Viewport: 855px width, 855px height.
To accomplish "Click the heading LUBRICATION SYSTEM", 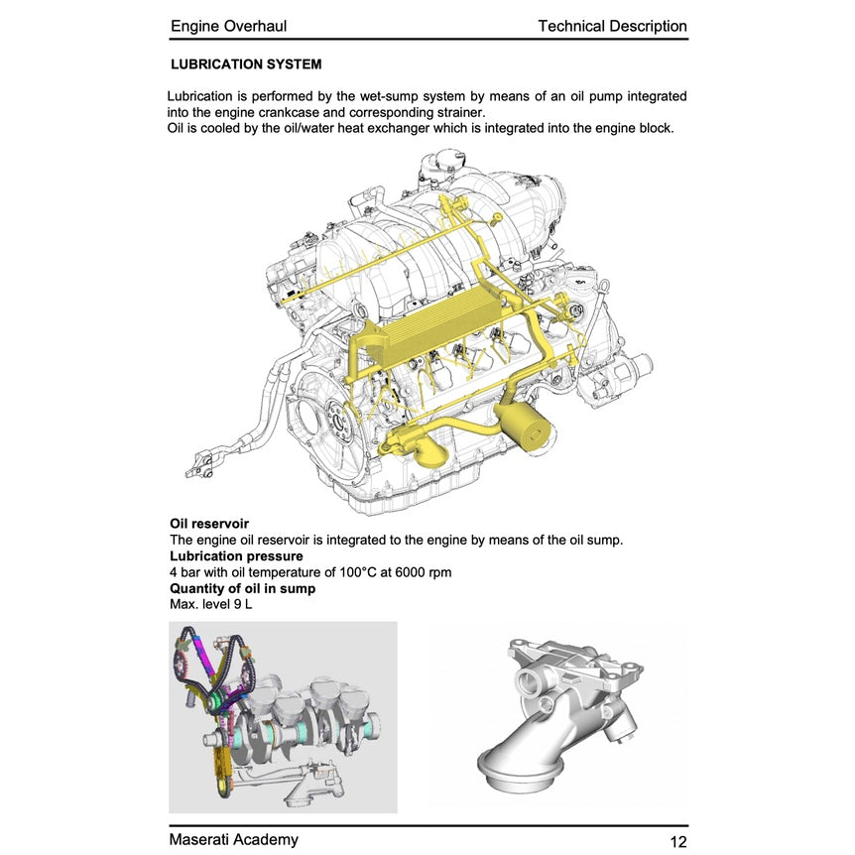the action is (x=246, y=64).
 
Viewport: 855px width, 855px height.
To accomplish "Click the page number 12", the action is (x=678, y=842).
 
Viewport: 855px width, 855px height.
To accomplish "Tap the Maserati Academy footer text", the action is (x=234, y=840).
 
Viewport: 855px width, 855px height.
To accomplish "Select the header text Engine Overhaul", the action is (x=228, y=26).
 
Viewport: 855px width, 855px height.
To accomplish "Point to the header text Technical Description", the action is (x=612, y=26).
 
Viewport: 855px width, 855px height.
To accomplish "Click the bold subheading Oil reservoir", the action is (x=209, y=524).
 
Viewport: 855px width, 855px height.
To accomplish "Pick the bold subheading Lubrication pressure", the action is (x=236, y=556).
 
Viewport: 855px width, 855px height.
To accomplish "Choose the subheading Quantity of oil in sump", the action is (x=243, y=588).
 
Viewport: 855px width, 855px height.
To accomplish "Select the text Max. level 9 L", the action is (x=211, y=604).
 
